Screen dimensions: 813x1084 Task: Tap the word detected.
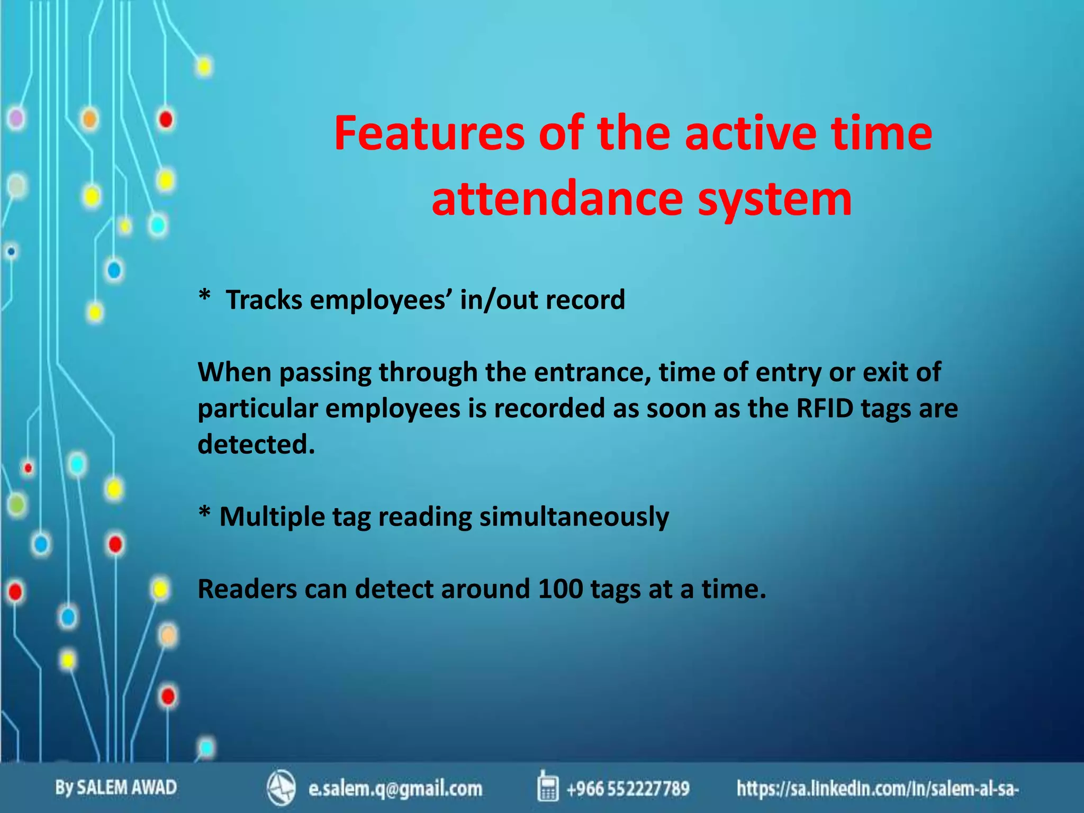click(256, 444)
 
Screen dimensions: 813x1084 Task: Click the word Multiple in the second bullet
click(272, 517)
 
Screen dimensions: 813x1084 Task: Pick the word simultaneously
click(574, 517)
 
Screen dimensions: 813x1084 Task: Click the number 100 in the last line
click(560, 589)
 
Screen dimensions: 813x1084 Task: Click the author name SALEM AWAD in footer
click(127, 788)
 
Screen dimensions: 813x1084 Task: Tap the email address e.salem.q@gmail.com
click(395, 789)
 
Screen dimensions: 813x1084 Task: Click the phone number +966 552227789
click(628, 789)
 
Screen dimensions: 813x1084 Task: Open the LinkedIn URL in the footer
click(878, 789)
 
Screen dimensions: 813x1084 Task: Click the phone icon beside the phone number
click(547, 787)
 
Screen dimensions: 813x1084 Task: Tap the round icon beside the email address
click(281, 788)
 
